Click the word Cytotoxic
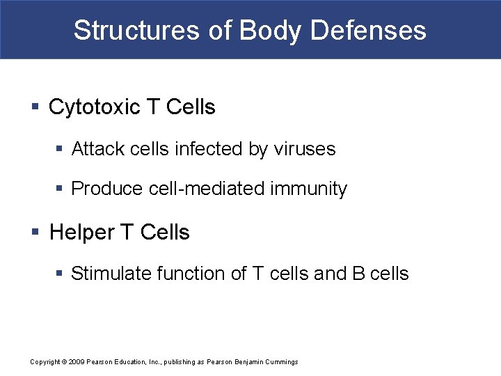coord(95,107)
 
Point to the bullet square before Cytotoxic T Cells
coord(35,107)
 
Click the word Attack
coord(93,149)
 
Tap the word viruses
coord(305,149)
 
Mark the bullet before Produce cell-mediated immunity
coord(61,189)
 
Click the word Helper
coord(82,232)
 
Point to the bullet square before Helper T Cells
coord(35,232)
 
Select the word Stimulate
coord(111,274)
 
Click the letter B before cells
coord(358,274)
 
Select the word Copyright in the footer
coord(45,362)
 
